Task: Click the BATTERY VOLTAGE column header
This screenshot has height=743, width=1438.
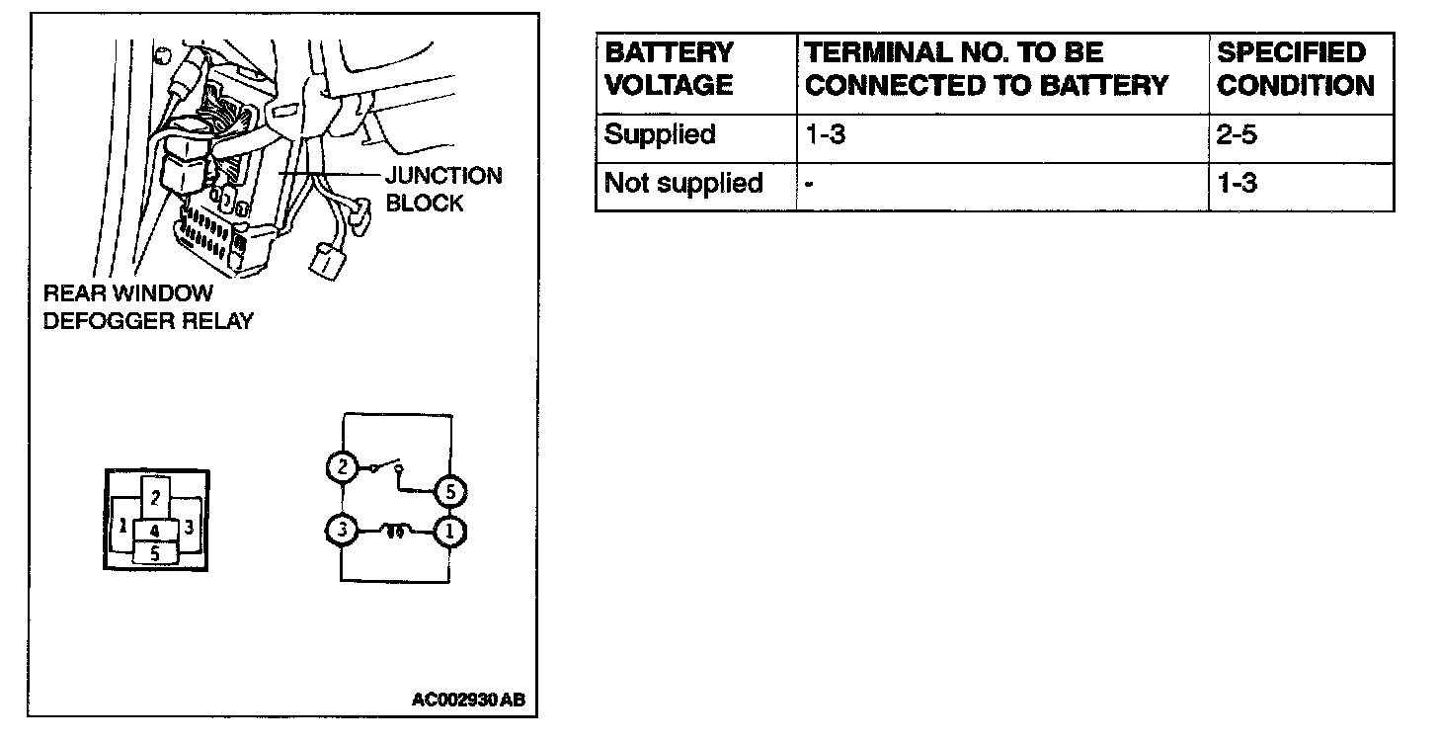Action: point(669,69)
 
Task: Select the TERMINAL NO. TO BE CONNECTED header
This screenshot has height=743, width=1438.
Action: point(987,69)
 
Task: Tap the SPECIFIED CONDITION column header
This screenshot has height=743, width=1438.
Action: point(1295,69)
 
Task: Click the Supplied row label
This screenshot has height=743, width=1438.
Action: point(660,134)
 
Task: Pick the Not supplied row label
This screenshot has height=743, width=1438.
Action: point(683,184)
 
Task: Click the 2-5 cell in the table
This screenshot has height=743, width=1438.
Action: point(1237,134)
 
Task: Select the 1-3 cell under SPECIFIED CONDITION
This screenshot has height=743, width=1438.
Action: point(1237,184)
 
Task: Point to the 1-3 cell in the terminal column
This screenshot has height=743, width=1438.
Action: point(826,134)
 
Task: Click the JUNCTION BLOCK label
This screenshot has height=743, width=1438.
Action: point(442,190)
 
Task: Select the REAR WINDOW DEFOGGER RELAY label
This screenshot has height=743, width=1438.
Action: point(148,307)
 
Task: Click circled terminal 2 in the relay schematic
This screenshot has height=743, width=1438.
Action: point(342,466)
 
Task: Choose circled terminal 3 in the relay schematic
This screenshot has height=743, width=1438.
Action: point(342,532)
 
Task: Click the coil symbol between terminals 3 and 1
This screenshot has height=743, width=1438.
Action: point(396,531)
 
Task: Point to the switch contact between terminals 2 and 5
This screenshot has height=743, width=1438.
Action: point(388,469)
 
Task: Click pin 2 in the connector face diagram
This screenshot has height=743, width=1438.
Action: point(156,497)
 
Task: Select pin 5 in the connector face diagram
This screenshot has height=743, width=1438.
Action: point(155,553)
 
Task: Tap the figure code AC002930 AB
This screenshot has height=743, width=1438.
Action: point(468,701)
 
